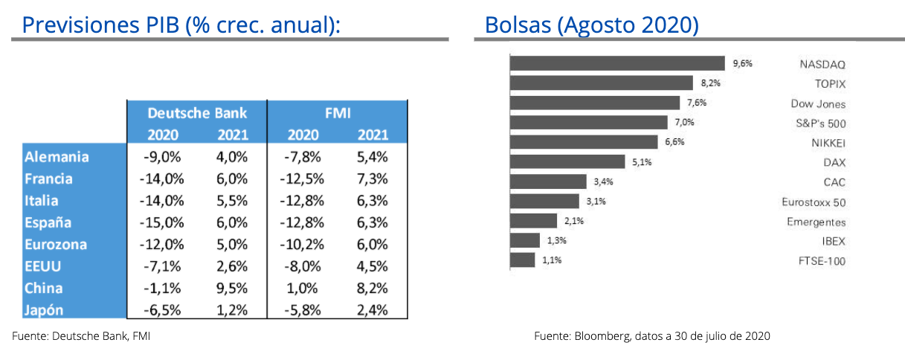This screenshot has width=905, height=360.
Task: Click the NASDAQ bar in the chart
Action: tap(616, 63)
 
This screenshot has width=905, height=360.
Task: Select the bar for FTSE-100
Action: tap(522, 260)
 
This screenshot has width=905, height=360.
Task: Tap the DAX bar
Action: tap(567, 161)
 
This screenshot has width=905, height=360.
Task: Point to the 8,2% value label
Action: tap(709, 83)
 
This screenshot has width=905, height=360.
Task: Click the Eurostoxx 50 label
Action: tap(814, 202)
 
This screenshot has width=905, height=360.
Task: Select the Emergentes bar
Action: tap(533, 221)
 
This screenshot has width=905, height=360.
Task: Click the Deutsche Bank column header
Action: tap(196, 113)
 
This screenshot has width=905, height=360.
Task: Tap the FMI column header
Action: tap(338, 113)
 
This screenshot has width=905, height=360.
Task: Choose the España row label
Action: tap(48, 222)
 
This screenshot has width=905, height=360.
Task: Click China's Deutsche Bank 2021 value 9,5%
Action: tap(232, 289)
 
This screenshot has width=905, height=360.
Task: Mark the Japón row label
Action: tap(45, 310)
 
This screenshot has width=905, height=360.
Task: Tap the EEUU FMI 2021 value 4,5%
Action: tap(372, 266)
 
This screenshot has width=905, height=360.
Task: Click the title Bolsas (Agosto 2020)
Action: tap(591, 25)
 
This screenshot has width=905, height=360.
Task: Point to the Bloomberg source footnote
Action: tap(651, 336)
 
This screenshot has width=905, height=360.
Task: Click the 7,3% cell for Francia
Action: tap(372, 179)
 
